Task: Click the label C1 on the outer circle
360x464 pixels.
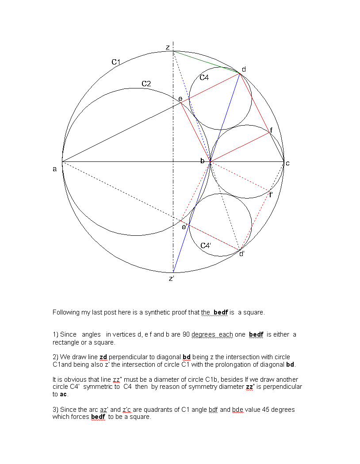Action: tap(116, 62)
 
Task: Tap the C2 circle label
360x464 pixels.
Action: tap(146, 84)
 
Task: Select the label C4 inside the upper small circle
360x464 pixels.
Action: tap(204, 77)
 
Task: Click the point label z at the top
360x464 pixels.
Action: tap(168, 47)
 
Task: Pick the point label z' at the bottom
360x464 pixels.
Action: tap(172, 279)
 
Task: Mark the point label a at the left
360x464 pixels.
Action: tap(55, 169)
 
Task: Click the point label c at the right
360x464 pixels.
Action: tap(287, 163)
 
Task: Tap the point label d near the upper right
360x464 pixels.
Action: tap(244, 69)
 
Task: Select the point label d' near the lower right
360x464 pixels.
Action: tap(242, 254)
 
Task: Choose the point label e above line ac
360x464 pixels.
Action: tap(180, 98)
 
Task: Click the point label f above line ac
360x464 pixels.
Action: tap(271, 130)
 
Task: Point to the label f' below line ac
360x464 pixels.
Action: tap(271, 195)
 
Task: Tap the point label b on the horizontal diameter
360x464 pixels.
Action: tap(202, 161)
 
